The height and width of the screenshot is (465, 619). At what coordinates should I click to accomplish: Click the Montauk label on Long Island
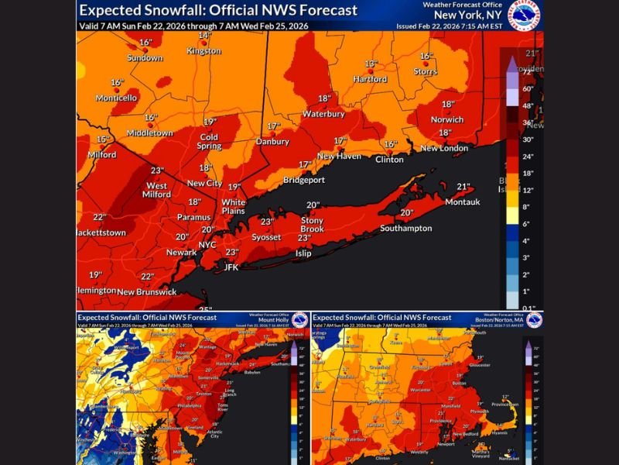(463, 202)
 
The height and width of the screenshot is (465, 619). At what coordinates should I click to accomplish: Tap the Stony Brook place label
(312, 225)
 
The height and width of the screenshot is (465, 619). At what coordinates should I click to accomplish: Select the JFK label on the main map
(231, 267)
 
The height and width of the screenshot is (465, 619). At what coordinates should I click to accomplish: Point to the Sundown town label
(145, 58)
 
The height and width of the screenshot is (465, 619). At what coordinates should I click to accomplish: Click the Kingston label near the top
(204, 51)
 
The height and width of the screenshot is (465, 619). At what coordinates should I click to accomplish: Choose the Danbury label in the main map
(272, 142)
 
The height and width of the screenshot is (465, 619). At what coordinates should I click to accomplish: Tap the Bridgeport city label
(304, 180)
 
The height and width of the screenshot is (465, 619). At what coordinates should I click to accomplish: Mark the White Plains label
(234, 206)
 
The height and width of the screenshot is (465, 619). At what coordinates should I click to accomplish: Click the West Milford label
(157, 190)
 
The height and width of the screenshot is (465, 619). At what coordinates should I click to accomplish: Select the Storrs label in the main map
(426, 71)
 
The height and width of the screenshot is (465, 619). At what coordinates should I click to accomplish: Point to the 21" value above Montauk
(463, 187)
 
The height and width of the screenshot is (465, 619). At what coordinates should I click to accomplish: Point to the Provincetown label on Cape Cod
(505, 404)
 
